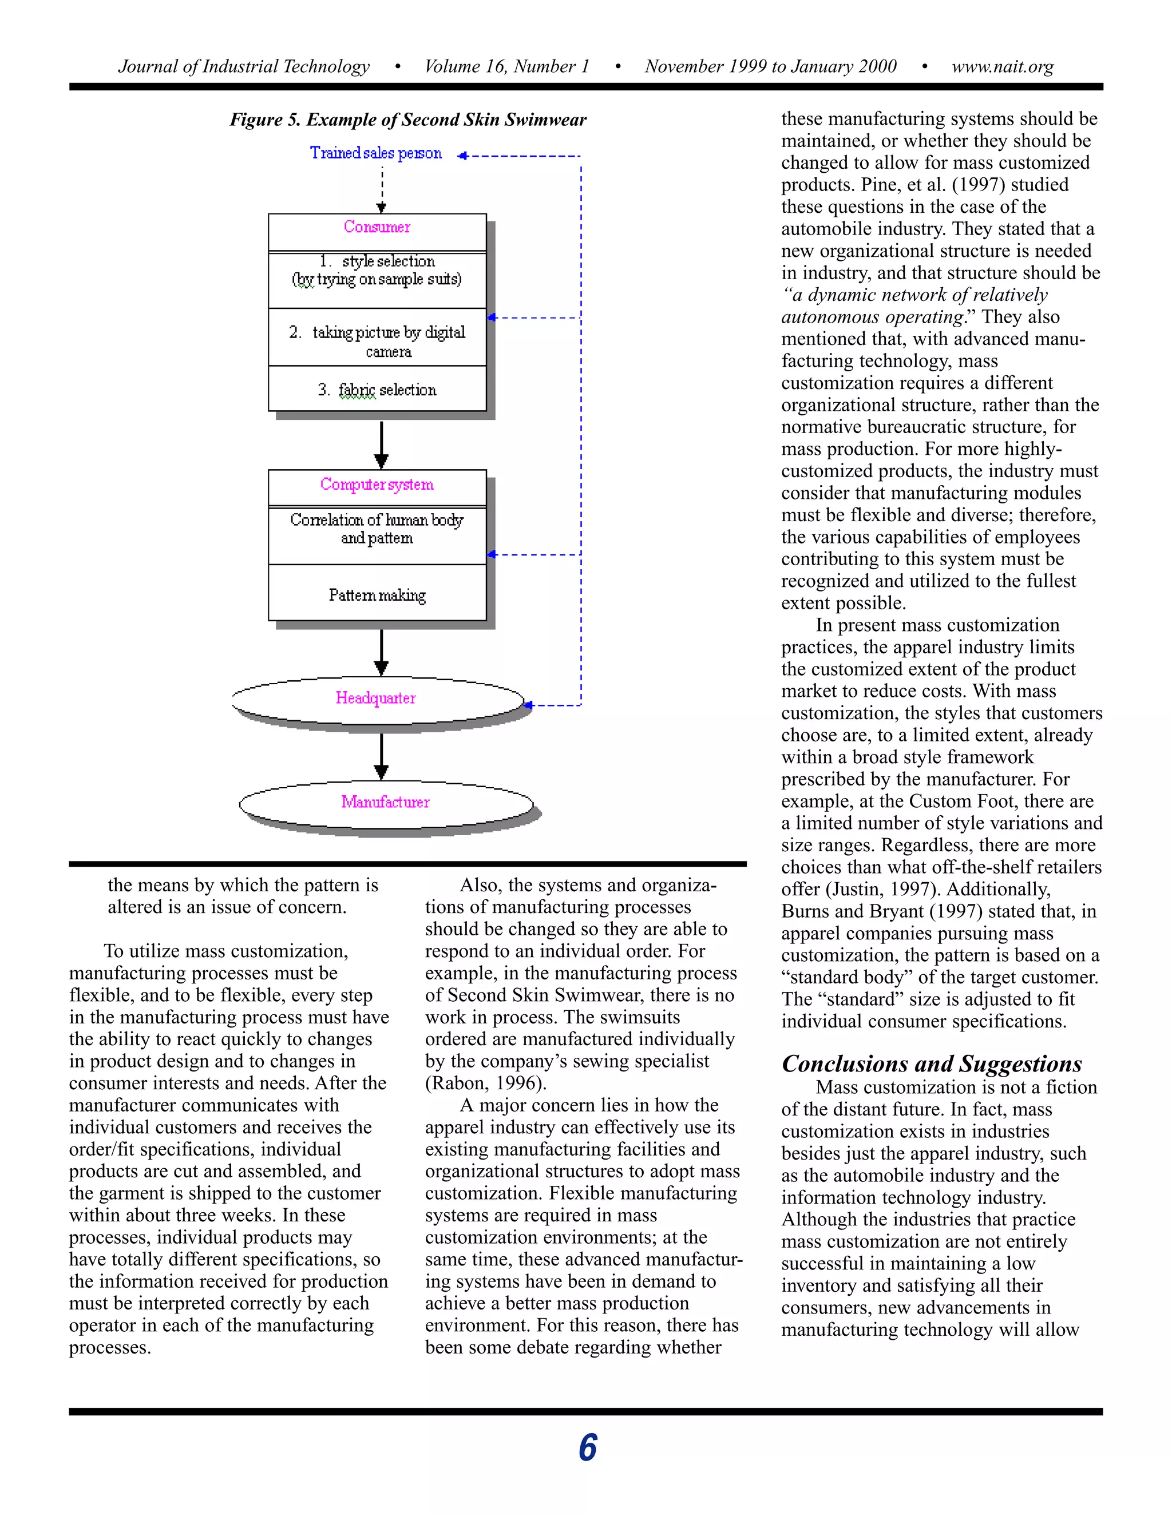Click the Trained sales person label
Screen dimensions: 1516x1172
(x=375, y=153)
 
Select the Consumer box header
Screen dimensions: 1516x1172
(x=377, y=228)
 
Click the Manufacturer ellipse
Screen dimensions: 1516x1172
(x=385, y=803)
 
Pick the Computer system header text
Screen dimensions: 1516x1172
(x=377, y=485)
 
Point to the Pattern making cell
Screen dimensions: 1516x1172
(x=377, y=595)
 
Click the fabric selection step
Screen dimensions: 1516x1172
(x=377, y=390)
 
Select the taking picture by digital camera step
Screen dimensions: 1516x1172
(x=377, y=341)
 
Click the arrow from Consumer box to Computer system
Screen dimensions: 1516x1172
(x=381, y=445)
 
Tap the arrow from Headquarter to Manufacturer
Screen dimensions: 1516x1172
(x=381, y=757)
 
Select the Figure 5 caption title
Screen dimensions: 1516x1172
(x=408, y=120)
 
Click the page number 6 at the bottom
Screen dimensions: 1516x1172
(x=587, y=1448)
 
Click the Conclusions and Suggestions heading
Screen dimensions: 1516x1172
(x=932, y=1063)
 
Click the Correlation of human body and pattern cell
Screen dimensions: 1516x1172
(x=377, y=529)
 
